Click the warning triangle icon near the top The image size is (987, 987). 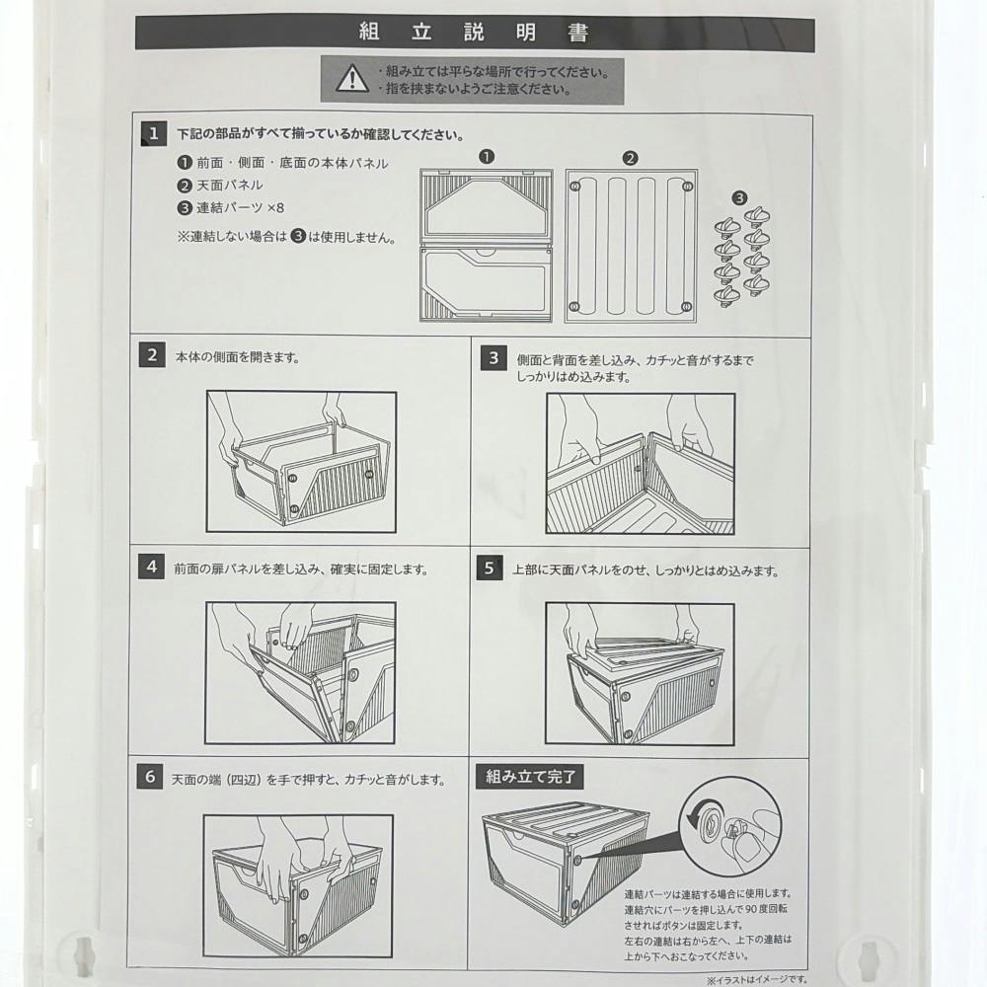pyautogui.click(x=352, y=79)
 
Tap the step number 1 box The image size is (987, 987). pyautogui.click(x=154, y=134)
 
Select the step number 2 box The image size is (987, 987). pyautogui.click(x=152, y=355)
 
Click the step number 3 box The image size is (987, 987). pyautogui.click(x=493, y=358)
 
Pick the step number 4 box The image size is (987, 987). pyautogui.click(x=151, y=567)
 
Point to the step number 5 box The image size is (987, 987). pyautogui.click(x=490, y=568)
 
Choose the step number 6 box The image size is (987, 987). pyautogui.click(x=150, y=776)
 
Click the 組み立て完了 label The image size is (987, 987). pyautogui.click(x=530, y=777)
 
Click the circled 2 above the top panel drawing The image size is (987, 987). pyautogui.click(x=630, y=159)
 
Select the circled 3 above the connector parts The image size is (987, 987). pyautogui.click(x=739, y=198)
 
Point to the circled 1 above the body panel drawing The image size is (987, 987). pyautogui.click(x=487, y=156)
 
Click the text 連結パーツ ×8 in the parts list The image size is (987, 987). pyautogui.click(x=241, y=207)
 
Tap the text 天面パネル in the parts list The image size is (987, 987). pyautogui.click(x=230, y=186)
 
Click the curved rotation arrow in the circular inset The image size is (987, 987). pyautogui.click(x=699, y=816)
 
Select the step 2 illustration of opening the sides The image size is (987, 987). pyautogui.click(x=301, y=462)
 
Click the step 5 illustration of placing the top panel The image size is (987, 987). pyautogui.click(x=640, y=674)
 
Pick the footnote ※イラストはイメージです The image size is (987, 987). pyautogui.click(x=756, y=980)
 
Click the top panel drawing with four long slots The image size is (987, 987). pyautogui.click(x=631, y=246)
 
